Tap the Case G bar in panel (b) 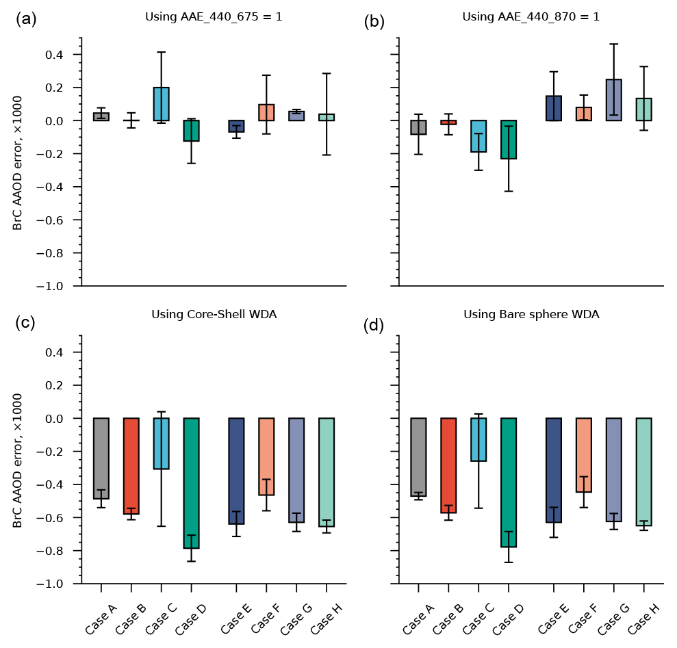(x=614, y=100)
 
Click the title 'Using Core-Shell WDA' (x=214, y=315)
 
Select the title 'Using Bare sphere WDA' (x=531, y=315)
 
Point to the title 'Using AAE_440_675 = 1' (x=214, y=16)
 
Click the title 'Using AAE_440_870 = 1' (x=531, y=16)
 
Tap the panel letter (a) (x=27, y=20)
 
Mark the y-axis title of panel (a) (x=18, y=161)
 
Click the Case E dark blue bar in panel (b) (x=554, y=108)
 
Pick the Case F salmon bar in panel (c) (x=266, y=456)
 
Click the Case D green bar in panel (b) (x=509, y=140)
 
